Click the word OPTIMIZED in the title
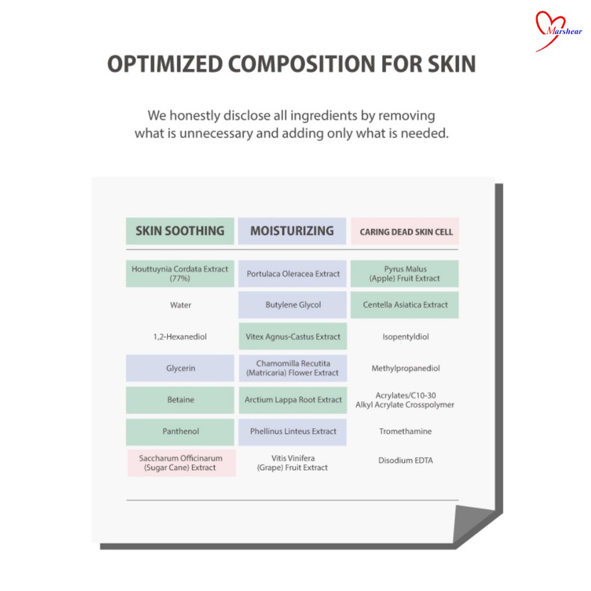(x=164, y=63)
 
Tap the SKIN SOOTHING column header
(x=180, y=231)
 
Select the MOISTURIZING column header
(x=292, y=231)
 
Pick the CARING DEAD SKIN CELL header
(x=405, y=231)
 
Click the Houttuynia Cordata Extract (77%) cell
(x=180, y=274)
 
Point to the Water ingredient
(x=181, y=305)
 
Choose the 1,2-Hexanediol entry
(x=180, y=336)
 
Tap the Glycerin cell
(x=180, y=368)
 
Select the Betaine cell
(x=180, y=400)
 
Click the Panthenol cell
(x=180, y=432)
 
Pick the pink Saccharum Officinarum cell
(x=181, y=463)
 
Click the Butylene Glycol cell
(x=293, y=305)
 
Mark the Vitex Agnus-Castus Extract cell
(x=293, y=336)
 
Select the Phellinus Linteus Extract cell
(x=293, y=432)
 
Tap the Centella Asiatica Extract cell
(x=405, y=305)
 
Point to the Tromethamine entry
(x=406, y=431)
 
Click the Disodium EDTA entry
(x=406, y=460)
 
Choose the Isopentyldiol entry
(x=406, y=336)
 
